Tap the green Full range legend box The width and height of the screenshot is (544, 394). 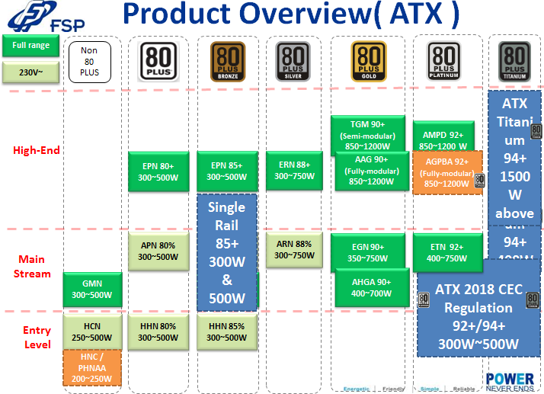pyautogui.click(x=30, y=46)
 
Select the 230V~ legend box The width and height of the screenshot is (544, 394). pyautogui.click(x=30, y=72)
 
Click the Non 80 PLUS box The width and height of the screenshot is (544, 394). pyautogui.click(x=89, y=61)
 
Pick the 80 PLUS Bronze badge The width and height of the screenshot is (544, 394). pyautogui.click(x=227, y=62)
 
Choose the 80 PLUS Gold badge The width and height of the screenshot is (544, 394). pyautogui.click(x=369, y=62)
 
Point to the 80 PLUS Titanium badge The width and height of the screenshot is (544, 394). pyautogui.click(x=514, y=62)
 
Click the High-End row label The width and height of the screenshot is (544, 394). pyautogui.click(x=37, y=150)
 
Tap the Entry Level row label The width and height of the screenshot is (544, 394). pyautogui.click(x=37, y=338)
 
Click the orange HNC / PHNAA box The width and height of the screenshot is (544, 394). pyautogui.click(x=92, y=367)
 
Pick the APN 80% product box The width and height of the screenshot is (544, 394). pyautogui.click(x=158, y=251)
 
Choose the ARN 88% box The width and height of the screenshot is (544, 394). pyautogui.click(x=293, y=249)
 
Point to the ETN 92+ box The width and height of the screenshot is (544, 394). pyautogui.click(x=446, y=252)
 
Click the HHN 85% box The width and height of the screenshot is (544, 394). pyautogui.click(x=227, y=332)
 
